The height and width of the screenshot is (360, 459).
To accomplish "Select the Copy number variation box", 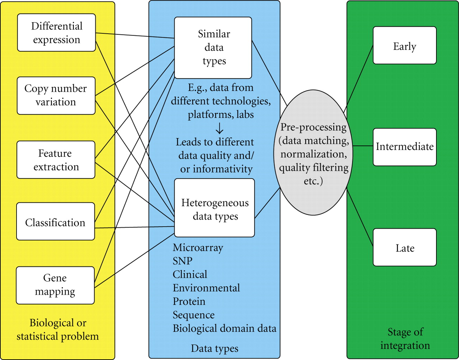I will pyautogui.click(x=56, y=95).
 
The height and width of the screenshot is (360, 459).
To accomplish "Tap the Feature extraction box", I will pyautogui.click(x=56, y=160).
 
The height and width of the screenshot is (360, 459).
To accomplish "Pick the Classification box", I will pyautogui.click(x=56, y=222).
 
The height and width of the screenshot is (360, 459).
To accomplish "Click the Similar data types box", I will pyautogui.click(x=214, y=48).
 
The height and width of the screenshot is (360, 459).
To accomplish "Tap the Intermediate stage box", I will pyautogui.click(x=404, y=147).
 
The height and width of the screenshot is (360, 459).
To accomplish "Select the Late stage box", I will pyautogui.click(x=404, y=248).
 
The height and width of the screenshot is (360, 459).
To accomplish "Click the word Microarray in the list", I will pyautogui.click(x=198, y=248).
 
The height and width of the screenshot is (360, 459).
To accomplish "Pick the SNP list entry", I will pyautogui.click(x=183, y=261).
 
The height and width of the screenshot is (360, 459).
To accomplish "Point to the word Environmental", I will pyautogui.click(x=206, y=288).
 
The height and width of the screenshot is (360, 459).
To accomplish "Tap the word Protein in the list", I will pyautogui.click(x=189, y=301).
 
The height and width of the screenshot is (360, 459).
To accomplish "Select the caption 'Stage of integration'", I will pyautogui.click(x=405, y=339).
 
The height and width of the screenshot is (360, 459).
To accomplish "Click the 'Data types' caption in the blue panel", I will pyautogui.click(x=214, y=348).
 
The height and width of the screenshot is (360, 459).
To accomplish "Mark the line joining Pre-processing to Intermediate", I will pyautogui.click(x=363, y=146).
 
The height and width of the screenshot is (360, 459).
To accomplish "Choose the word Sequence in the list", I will pyautogui.click(x=194, y=315).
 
